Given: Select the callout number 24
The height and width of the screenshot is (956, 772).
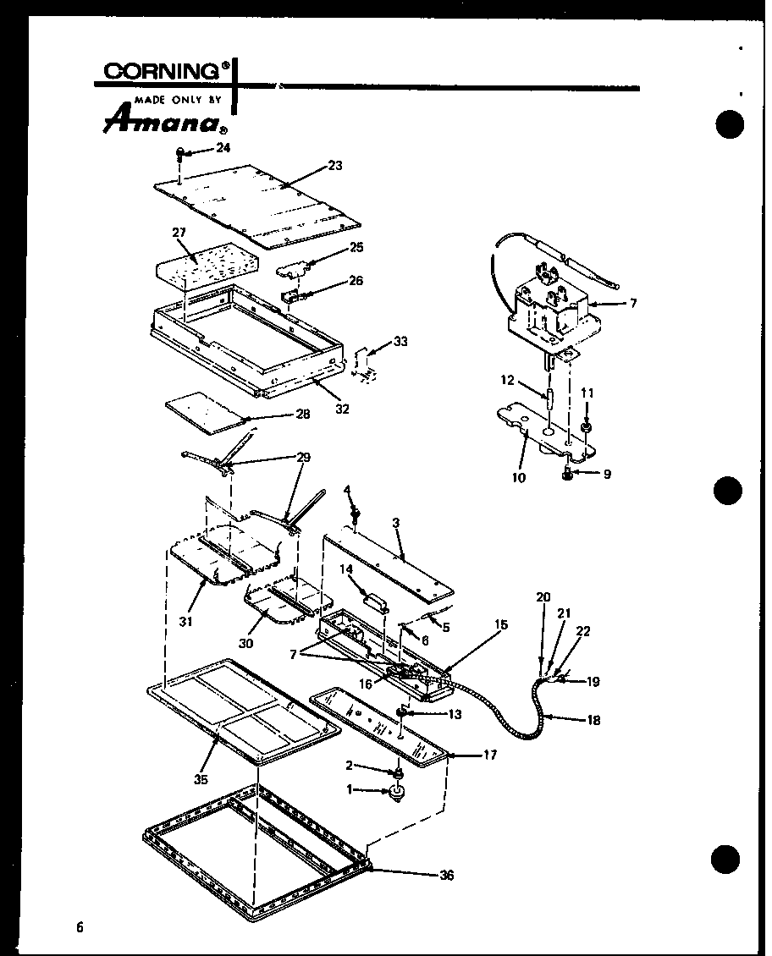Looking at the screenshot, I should click(x=223, y=147).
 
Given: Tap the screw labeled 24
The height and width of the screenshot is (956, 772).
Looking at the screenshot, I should click(x=180, y=153).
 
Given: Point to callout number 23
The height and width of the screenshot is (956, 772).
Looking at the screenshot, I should click(x=334, y=166).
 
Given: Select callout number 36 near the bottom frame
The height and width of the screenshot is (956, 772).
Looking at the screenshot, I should click(x=446, y=875).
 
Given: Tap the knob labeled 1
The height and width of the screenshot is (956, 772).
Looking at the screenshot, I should click(x=394, y=794).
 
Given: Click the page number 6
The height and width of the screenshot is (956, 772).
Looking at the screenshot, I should click(x=80, y=926).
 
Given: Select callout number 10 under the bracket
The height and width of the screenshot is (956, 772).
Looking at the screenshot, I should click(x=519, y=478).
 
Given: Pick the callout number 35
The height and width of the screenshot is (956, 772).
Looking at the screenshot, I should click(x=201, y=779).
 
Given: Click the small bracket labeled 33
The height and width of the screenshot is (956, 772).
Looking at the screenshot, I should click(x=367, y=361).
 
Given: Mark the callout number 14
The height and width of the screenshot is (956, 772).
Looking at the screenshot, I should click(x=347, y=569).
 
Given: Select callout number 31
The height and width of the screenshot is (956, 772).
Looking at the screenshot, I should click(x=185, y=622).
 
